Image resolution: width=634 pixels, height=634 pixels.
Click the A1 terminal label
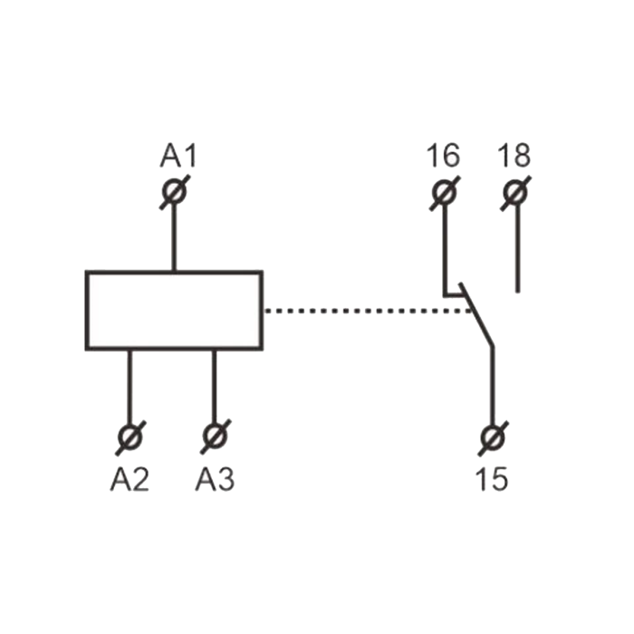tap(178, 155)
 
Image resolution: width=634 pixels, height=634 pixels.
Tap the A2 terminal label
tap(130, 479)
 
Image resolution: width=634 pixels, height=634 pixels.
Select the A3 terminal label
tap(215, 479)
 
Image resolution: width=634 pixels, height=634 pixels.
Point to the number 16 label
tap(443, 155)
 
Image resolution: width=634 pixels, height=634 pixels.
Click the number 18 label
tap(514, 155)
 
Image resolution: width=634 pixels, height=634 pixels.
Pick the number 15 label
tap(491, 479)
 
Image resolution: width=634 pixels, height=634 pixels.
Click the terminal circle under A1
tap(174, 192)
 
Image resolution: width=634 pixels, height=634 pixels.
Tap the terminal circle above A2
tap(130, 437)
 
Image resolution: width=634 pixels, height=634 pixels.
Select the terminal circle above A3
tap(216, 437)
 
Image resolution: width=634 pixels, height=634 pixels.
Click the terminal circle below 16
tap(445, 193)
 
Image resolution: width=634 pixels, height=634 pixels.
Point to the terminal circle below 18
tap(515, 193)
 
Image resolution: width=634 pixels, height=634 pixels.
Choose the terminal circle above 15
tap(494, 438)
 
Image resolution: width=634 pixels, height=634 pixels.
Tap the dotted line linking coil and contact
tap(368, 311)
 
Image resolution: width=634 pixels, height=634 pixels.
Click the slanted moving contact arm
tap(476, 314)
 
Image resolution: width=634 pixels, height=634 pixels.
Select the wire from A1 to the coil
tap(174, 237)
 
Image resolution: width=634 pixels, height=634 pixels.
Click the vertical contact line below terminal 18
tap(517, 248)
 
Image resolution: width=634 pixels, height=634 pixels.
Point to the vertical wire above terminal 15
tap(493, 387)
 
